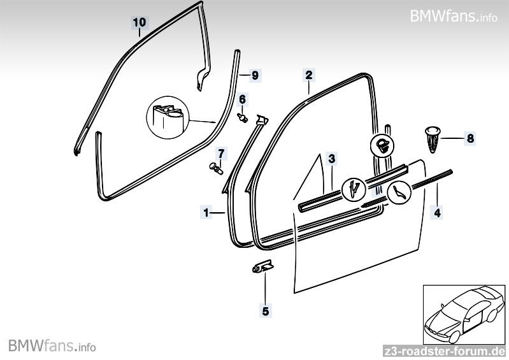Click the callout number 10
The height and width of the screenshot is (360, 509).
[140, 22]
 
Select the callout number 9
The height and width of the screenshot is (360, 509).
[254, 75]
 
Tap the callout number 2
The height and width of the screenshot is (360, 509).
[308, 75]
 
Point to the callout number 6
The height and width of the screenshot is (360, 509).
[242, 99]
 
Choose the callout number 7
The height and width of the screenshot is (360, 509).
[221, 153]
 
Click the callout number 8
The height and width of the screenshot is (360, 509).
[470, 138]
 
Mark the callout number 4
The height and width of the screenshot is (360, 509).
[437, 212]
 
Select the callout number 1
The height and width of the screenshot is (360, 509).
[205, 212]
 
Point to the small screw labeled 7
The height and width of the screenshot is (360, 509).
[216, 168]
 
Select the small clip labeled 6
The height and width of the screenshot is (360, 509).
[242, 117]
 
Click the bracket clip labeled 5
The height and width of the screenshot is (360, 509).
[261, 268]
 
